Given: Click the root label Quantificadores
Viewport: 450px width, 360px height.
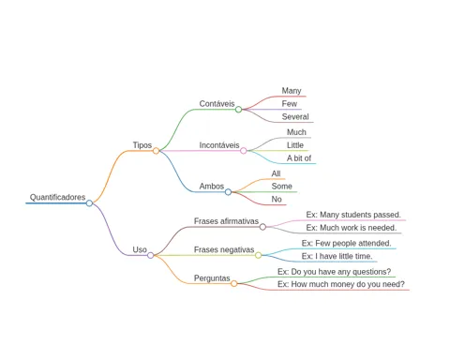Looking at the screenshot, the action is (57, 197).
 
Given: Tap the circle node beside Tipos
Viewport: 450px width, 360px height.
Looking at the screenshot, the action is (156, 151).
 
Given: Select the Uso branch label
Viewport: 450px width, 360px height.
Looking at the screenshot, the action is (140, 249).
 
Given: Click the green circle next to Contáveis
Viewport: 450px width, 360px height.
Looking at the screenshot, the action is (238, 110).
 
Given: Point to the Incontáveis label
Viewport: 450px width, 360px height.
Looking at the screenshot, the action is (219, 145).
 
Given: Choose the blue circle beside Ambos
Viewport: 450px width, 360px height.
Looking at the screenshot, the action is (228, 192).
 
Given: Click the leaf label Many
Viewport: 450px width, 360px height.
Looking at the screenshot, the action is (292, 91).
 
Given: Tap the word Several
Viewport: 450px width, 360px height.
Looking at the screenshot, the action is (295, 117).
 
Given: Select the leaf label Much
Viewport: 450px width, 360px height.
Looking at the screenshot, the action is (296, 132).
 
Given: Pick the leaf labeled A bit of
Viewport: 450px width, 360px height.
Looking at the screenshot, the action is (299, 158).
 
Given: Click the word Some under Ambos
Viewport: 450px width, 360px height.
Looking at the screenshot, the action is (282, 187).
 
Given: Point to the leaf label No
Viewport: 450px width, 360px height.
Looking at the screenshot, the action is (277, 199).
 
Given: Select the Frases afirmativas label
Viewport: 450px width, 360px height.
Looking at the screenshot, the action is (226, 221).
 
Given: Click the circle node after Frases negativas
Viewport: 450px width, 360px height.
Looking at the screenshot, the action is (258, 255).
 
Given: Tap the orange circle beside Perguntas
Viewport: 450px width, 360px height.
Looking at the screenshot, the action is (233, 283).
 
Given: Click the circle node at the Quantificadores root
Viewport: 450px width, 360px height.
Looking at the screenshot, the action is (89, 203).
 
